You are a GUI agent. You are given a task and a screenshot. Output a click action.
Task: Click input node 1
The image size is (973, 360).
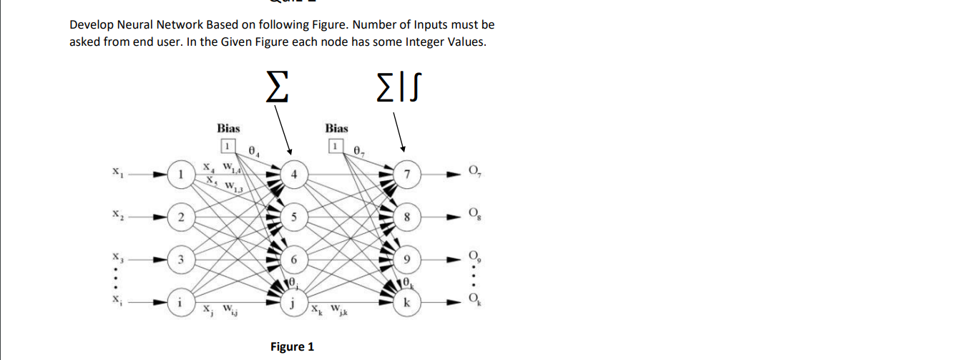click(x=182, y=173)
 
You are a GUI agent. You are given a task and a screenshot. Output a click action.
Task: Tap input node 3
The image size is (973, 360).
click(x=182, y=258)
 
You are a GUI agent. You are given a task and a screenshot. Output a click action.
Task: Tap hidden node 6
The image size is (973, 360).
click(x=294, y=258)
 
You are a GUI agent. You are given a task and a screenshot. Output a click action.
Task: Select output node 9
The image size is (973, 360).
click(x=407, y=258)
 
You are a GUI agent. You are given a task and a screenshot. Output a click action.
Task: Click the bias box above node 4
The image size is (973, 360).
click(x=228, y=146)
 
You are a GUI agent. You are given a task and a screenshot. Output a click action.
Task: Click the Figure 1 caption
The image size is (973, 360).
click(x=292, y=347)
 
